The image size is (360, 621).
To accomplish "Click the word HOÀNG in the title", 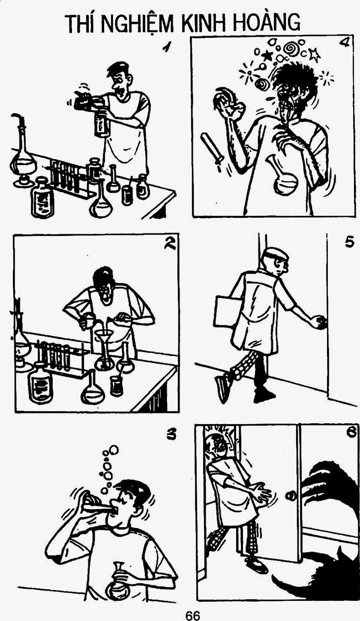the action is coord(266,22).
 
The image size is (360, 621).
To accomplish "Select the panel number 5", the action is coord(349,243).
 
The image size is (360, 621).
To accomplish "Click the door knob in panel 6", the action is coord(291,494).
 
